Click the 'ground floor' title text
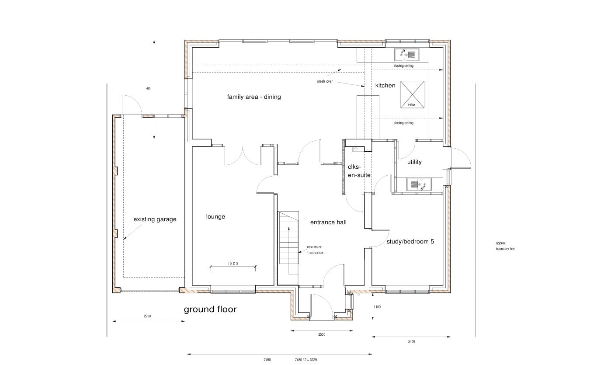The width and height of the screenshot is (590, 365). (210, 309)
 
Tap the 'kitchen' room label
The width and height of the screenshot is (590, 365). (385, 85)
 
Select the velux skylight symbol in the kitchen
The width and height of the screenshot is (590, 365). (412, 94)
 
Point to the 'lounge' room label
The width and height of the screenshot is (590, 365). (215, 217)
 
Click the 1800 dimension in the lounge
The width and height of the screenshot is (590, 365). (233, 264)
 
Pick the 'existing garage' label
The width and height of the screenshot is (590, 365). (155, 219)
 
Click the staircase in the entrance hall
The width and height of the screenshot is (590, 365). (289, 237)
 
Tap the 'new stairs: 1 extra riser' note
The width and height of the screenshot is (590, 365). (315, 250)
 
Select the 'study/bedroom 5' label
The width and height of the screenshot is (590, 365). (410, 242)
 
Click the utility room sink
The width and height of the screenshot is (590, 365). (419, 184)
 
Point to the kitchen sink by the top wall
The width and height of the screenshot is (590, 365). (407, 55)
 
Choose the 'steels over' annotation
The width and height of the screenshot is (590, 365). (325, 82)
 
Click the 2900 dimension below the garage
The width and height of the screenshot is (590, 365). (147, 316)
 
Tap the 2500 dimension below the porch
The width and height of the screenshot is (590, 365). (322, 334)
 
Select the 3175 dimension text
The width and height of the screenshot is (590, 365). (411, 342)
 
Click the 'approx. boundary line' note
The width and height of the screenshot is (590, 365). (505, 246)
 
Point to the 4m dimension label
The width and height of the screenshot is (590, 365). (148, 89)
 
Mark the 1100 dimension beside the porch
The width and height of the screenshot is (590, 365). (377, 307)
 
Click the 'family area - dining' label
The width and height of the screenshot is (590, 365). (254, 97)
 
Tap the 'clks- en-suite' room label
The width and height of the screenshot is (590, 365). (359, 171)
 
